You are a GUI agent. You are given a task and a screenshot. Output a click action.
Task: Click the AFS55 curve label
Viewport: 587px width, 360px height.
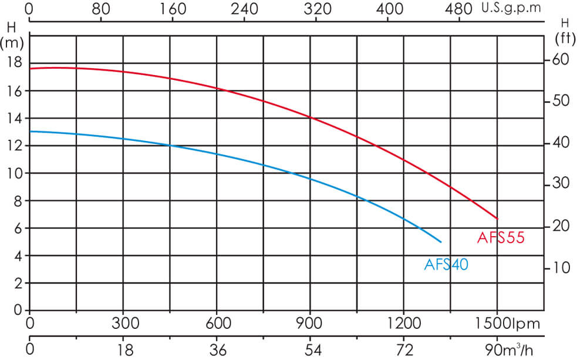500,238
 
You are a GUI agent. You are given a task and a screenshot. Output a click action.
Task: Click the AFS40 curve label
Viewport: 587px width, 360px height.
446,265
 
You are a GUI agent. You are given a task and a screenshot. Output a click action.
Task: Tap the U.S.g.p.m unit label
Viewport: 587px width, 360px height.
510,9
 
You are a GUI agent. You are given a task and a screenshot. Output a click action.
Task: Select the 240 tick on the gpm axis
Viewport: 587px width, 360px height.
244,9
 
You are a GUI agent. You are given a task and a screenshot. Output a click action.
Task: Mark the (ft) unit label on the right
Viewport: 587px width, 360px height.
565,39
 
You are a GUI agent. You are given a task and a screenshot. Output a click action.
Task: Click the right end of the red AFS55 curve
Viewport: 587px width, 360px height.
497,218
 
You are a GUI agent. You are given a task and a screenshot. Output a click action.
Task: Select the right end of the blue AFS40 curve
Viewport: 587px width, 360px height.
441,241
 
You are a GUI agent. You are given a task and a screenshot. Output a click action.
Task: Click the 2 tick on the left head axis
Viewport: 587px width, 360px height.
18,283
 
